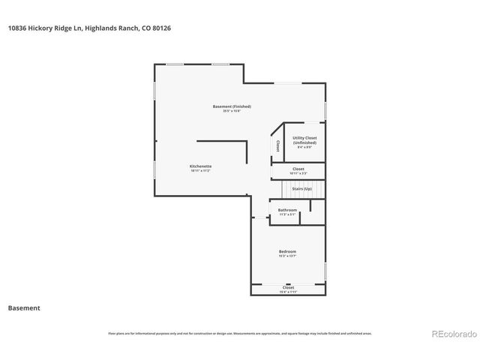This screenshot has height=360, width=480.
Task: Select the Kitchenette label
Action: pyautogui.click(x=200, y=166)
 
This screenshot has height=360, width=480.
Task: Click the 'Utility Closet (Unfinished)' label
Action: pyautogui.click(x=304, y=139)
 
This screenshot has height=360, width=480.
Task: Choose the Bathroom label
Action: pyautogui.click(x=287, y=209)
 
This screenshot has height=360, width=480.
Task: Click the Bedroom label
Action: pyautogui.click(x=287, y=251)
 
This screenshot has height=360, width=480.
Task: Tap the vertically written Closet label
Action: pyautogui.click(x=277, y=145)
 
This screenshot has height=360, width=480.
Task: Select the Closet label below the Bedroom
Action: pyautogui.click(x=288, y=287)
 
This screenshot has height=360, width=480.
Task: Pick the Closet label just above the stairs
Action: pyautogui.click(x=298, y=169)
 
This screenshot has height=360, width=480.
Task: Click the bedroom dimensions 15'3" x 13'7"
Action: pyautogui.click(x=287, y=256)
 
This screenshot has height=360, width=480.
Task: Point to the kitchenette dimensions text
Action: pyautogui.click(x=200, y=171)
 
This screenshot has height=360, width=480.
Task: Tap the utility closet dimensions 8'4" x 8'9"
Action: pyautogui.click(x=304, y=147)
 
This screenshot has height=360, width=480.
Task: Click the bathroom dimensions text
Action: pyautogui.click(x=287, y=214)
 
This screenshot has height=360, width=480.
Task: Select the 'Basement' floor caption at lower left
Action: pyautogui.click(x=24, y=307)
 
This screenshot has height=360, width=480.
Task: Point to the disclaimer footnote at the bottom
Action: pyautogui.click(x=240, y=333)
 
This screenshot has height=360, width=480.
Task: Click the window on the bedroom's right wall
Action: pyautogui.click(x=325, y=270)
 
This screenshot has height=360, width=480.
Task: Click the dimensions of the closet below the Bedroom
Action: pyautogui.click(x=288, y=292)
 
